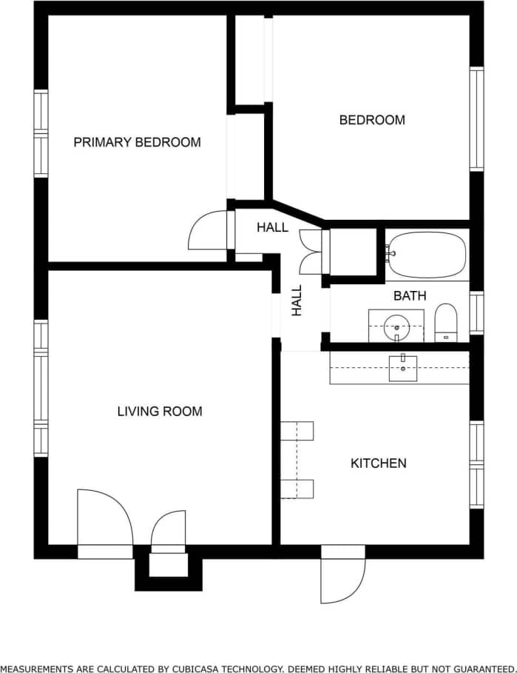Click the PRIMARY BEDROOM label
[137, 142]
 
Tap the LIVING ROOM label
[160, 411]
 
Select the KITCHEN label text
[378, 463]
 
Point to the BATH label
[409, 295]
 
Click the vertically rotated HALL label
[297, 301]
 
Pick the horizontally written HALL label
[272, 227]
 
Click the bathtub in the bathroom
[428, 255]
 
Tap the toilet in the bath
[446, 323]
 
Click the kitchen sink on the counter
[402, 368]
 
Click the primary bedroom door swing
[209, 231]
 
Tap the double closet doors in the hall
[311, 251]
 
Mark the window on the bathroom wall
[477, 312]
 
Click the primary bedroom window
[41, 133]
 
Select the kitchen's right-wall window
[477, 464]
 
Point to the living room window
[41, 389]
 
